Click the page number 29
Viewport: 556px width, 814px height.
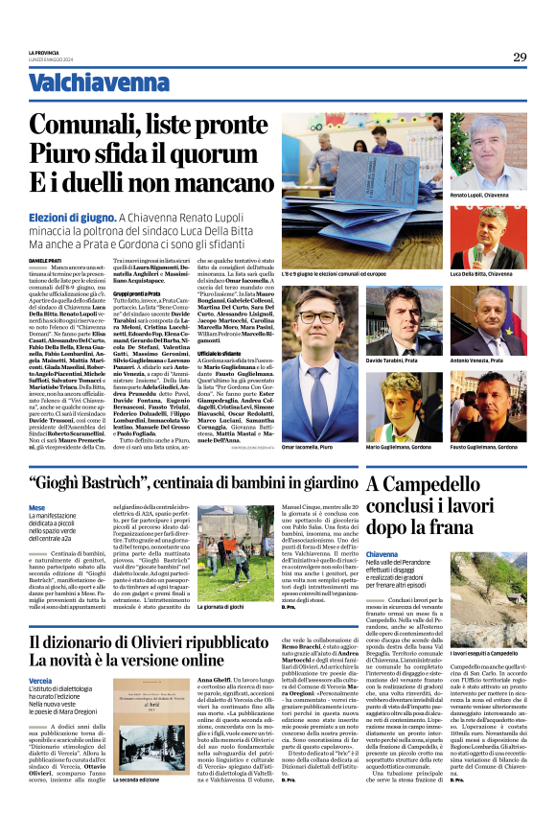pyautogui.click(x=519, y=57)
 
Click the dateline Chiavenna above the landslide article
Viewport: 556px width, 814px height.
pyautogui.click(x=382, y=555)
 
